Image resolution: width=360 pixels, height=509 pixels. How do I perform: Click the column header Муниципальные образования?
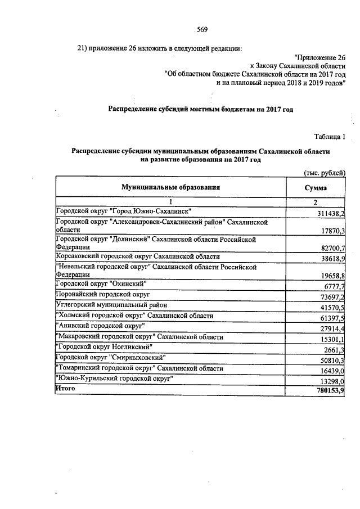[x=169, y=187]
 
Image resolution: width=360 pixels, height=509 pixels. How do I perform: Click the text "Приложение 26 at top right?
[x=319, y=57]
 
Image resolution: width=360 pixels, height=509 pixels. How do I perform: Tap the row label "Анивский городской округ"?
[x=100, y=326]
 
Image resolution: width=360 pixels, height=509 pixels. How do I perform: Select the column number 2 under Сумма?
[x=316, y=202]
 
